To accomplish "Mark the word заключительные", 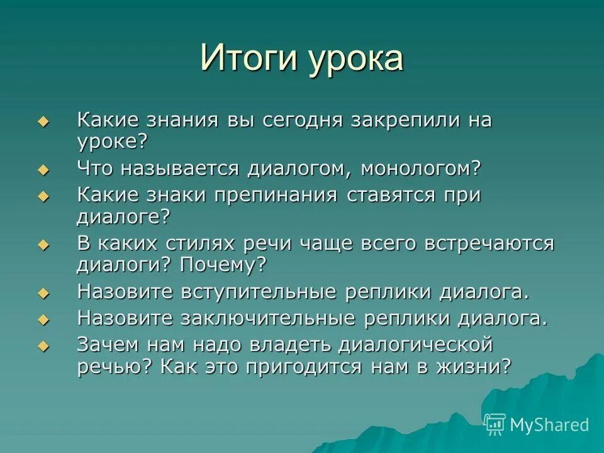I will [x=270, y=318].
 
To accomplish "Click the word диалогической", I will [x=414, y=344].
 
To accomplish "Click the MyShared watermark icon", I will [x=495, y=424].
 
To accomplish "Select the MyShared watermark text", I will [x=549, y=425].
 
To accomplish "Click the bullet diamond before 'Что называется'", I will [x=43, y=170].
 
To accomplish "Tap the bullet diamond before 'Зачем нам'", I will [x=43, y=346].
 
